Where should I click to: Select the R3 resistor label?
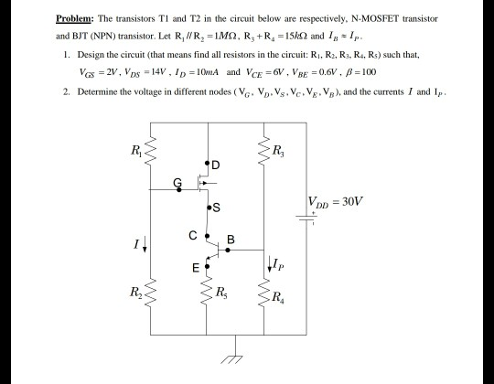click(278, 150)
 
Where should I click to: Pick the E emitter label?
click(195, 268)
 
